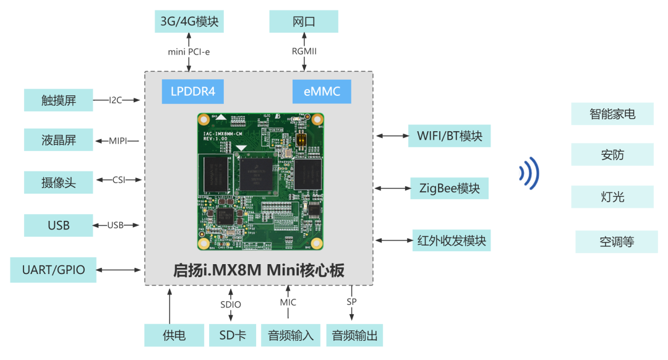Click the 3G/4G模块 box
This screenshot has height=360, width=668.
[189, 22]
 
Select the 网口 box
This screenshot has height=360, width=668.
[304, 22]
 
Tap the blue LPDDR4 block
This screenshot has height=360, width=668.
[192, 92]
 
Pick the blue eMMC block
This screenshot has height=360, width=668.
[322, 92]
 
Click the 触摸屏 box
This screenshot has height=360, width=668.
[59, 100]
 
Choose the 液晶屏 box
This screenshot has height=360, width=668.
[59, 140]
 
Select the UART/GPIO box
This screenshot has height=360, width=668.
[54, 270]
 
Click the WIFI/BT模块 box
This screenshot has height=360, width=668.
[450, 135]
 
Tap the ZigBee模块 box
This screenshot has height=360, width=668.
[450, 188]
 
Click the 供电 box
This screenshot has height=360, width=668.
[174, 335]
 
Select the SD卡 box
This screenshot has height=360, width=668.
[232, 335]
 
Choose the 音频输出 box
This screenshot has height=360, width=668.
[354, 335]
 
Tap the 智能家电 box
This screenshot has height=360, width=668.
[612, 114]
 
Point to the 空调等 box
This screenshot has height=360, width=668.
[617, 242]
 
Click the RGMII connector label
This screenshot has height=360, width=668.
[304, 51]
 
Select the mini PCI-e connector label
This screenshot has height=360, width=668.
[189, 51]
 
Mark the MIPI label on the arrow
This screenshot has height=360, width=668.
[118, 141]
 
